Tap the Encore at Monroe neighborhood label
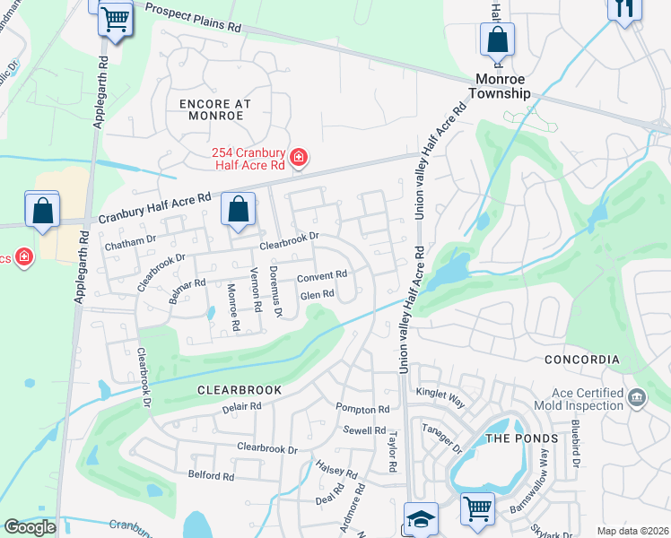(x=215, y=110)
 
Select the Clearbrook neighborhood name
(x=240, y=390)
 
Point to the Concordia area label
(x=581, y=360)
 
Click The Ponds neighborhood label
(x=510, y=438)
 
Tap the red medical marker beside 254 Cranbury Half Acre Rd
(x=299, y=160)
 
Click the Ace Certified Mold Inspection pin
(x=636, y=397)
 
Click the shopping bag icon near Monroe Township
(x=497, y=40)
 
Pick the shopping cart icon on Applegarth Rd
(x=114, y=18)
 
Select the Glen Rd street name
(x=317, y=294)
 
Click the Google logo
(x=29, y=526)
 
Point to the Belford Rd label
(x=210, y=475)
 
